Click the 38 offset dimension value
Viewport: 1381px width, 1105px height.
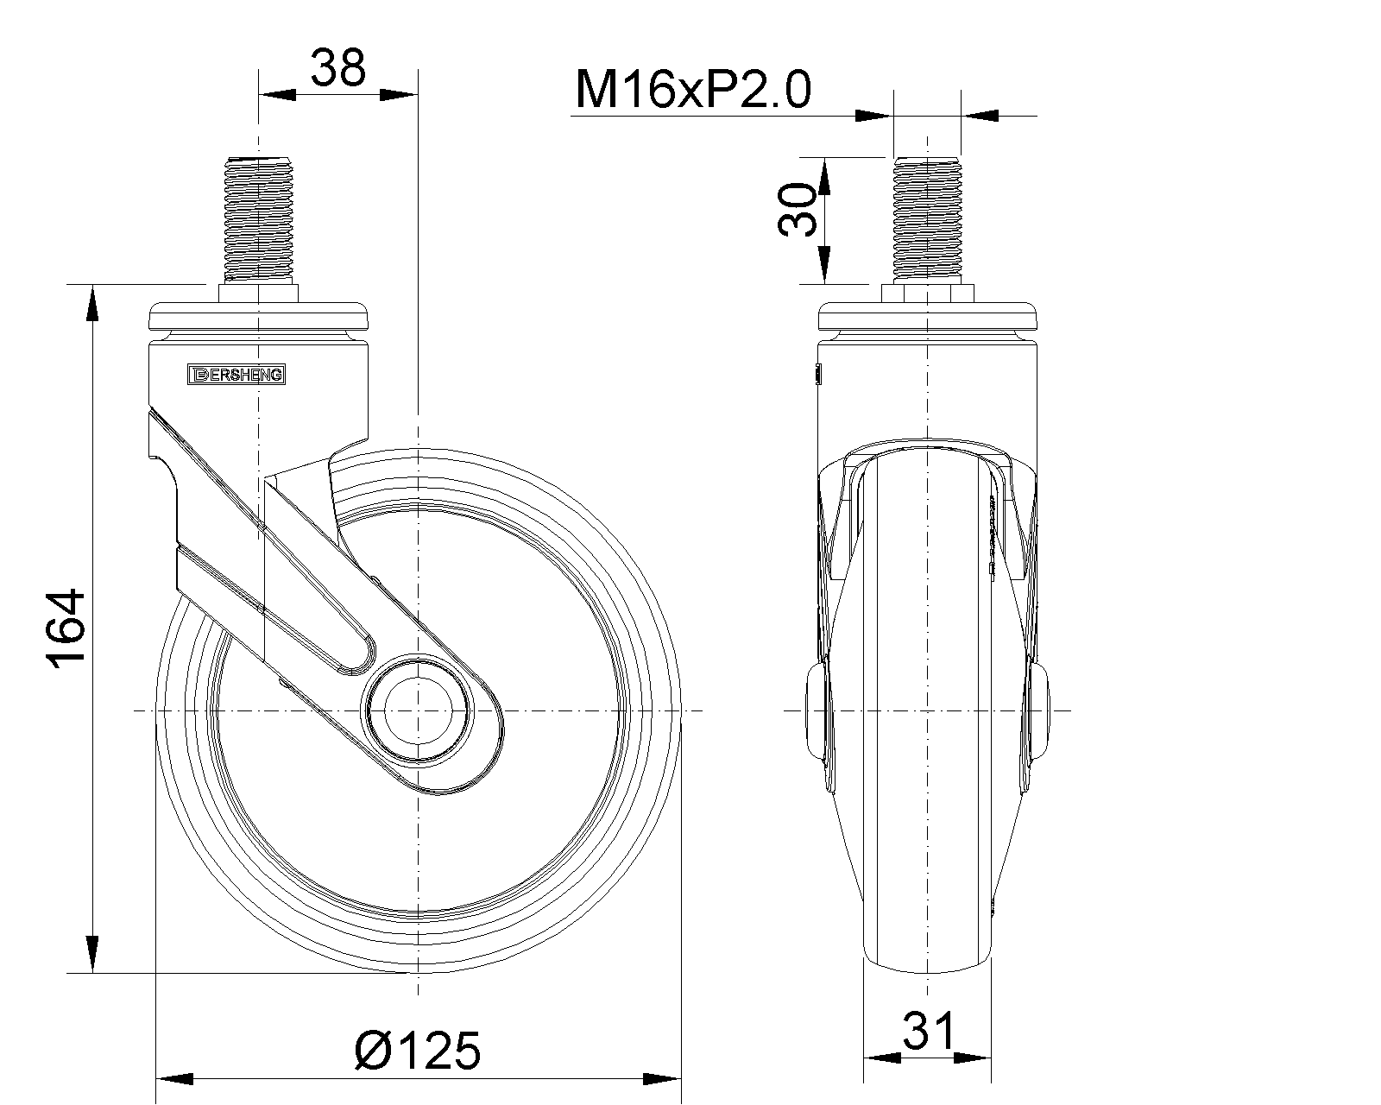(338, 67)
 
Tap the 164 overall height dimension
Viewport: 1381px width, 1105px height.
(66, 629)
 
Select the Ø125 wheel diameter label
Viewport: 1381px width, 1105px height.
(418, 1051)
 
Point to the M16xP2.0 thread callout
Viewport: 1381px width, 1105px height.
(694, 90)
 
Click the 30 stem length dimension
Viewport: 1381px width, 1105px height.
(798, 209)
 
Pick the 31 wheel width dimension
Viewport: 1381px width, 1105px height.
(929, 1031)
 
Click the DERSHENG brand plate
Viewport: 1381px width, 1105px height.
(236, 375)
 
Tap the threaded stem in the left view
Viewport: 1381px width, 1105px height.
(258, 218)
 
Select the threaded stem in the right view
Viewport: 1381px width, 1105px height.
(928, 218)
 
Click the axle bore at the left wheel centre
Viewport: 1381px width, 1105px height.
(418, 710)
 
